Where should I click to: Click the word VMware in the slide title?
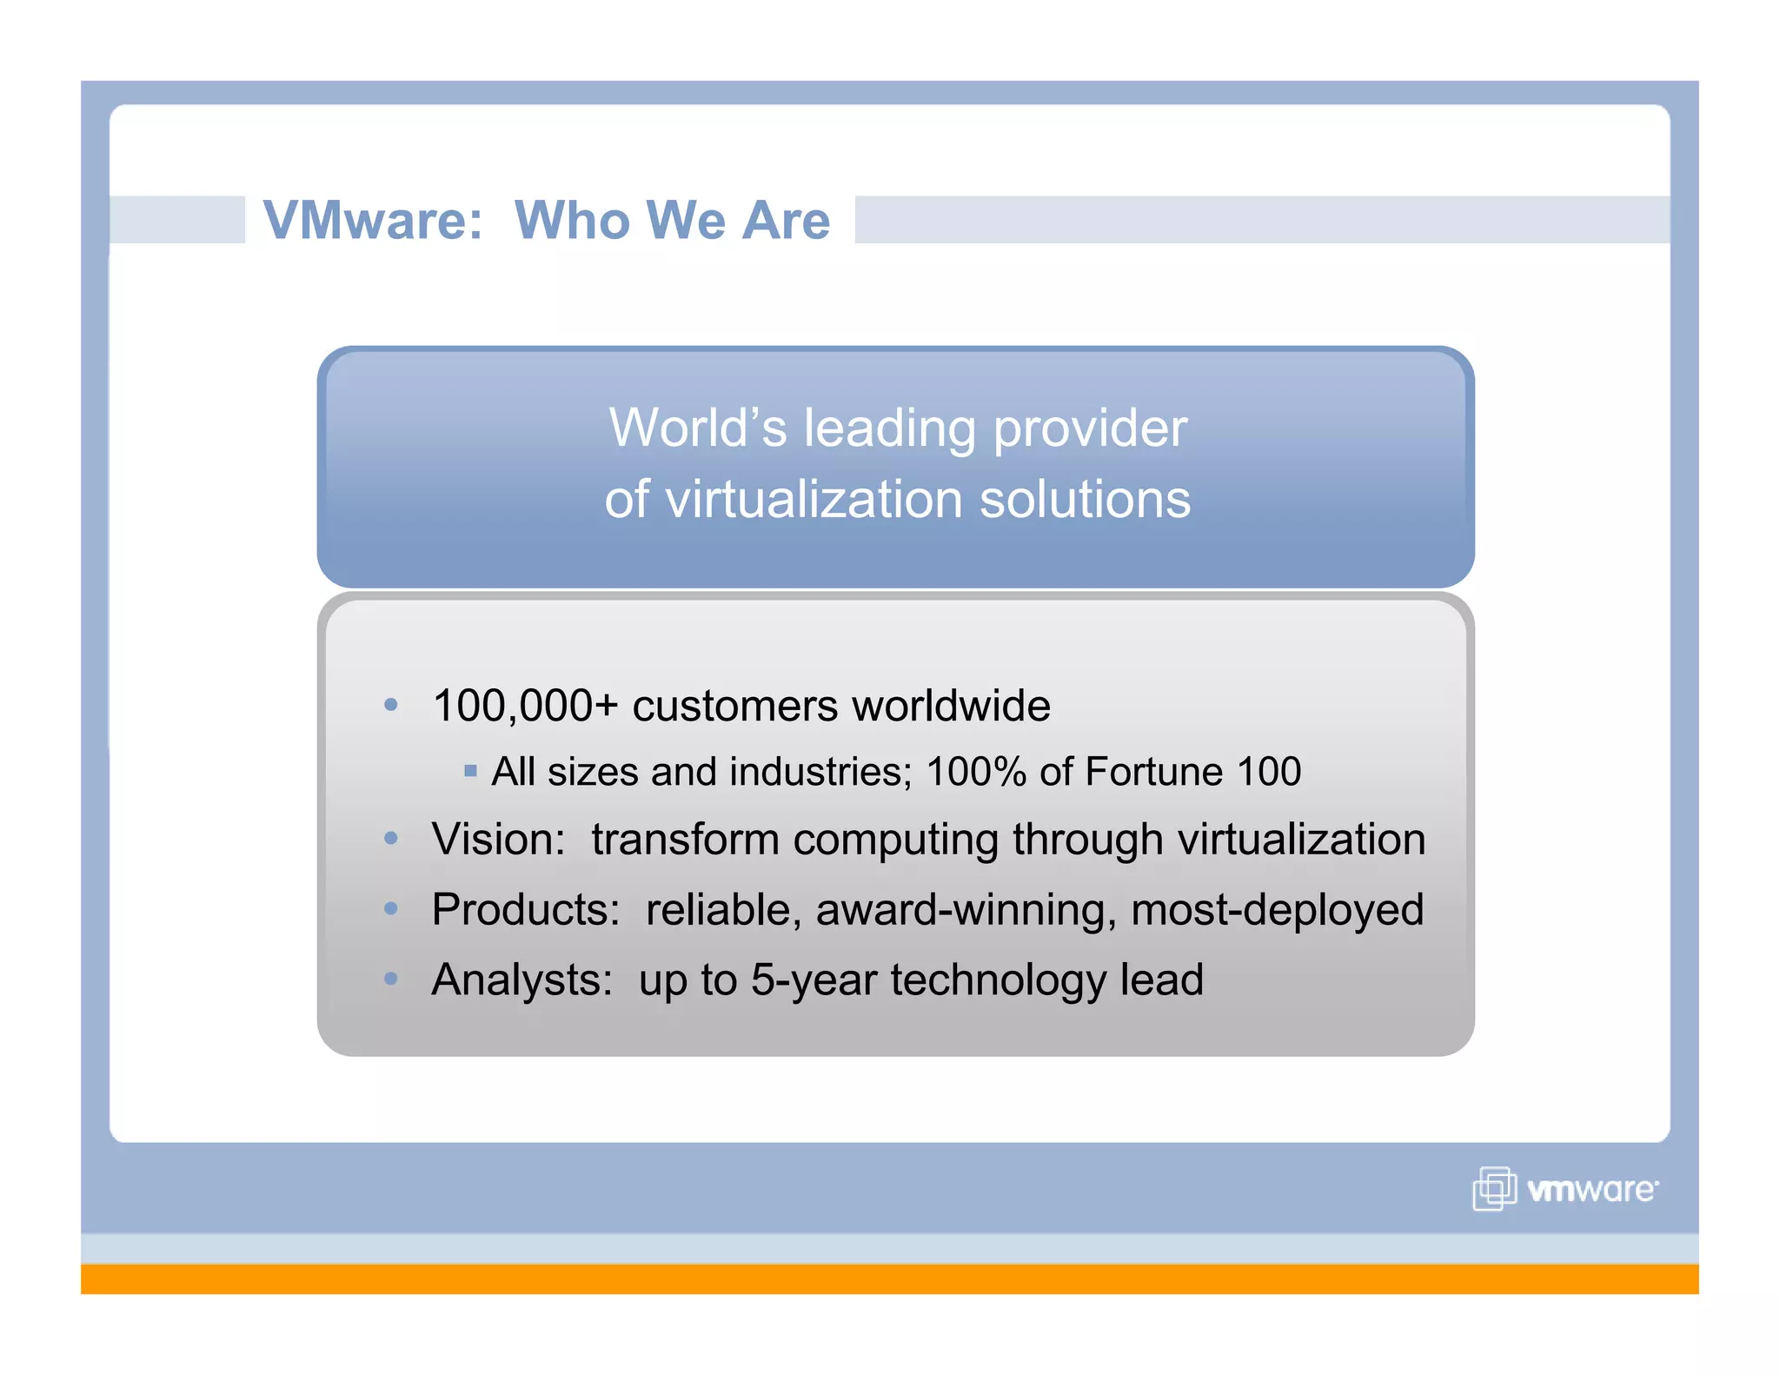pos(372,220)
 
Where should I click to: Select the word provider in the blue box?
pos(1090,429)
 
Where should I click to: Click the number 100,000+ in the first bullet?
pos(525,706)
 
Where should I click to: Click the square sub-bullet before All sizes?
pos(470,771)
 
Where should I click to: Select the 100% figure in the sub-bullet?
pos(976,772)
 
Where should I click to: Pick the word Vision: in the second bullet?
pos(499,840)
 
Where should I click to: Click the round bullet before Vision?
pos(391,839)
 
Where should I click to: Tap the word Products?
pos(526,910)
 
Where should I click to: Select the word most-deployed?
pos(1277,911)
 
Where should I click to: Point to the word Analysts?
pos(522,980)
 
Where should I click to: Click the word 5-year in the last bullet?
pos(814,980)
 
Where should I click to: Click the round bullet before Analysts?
pos(391,979)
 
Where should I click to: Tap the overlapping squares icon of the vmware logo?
pos(1494,1188)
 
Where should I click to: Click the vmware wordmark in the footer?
pos(1592,1190)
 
